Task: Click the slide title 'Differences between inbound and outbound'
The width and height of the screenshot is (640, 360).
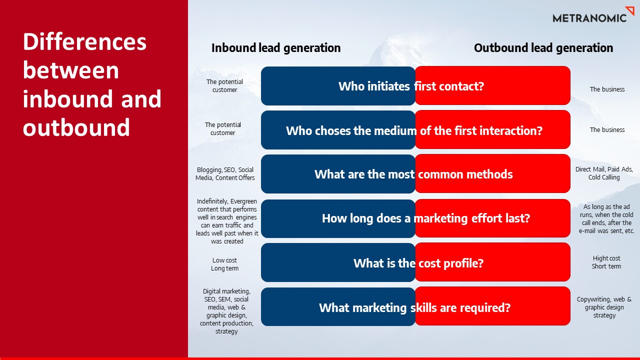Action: tap(92, 84)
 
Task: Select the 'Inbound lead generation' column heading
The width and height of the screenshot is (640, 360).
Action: tap(276, 48)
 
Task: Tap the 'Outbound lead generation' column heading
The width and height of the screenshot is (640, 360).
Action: tap(543, 48)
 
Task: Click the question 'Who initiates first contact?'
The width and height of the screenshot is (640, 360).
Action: tap(411, 86)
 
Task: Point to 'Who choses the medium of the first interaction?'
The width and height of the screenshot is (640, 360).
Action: tap(414, 130)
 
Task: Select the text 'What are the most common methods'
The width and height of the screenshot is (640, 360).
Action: tap(413, 174)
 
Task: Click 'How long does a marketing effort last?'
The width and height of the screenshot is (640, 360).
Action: tap(425, 218)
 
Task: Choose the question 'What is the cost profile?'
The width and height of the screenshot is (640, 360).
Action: tap(418, 263)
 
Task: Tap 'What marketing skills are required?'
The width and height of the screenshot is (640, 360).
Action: tap(414, 307)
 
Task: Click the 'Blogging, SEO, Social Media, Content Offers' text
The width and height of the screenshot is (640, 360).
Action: tap(225, 174)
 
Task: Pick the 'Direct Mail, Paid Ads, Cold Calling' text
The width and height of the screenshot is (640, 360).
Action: tap(604, 173)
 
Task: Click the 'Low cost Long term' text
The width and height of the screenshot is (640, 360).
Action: tap(224, 264)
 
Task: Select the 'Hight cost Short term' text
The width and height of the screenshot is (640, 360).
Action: tap(606, 262)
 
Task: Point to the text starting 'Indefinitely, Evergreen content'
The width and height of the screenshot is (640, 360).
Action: tap(227, 221)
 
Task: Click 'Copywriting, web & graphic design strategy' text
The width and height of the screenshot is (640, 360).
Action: tap(604, 307)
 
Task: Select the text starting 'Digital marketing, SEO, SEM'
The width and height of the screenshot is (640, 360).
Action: tap(226, 311)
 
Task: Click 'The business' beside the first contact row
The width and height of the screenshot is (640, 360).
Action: tap(607, 89)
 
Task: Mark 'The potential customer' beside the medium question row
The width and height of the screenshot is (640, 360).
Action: tap(222, 129)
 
